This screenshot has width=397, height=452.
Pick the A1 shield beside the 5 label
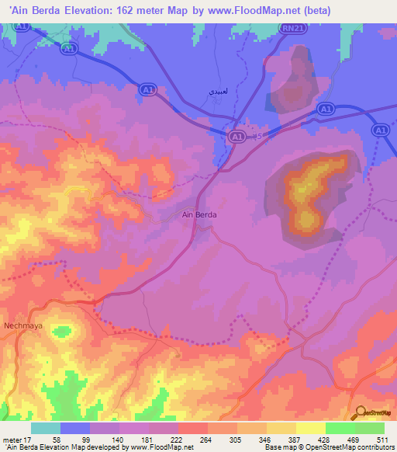coord(238,136)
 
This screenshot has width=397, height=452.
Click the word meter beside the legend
coord(12,439)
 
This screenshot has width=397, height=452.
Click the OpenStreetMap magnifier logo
coord(361,413)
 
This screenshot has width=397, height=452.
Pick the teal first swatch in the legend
coord(45,428)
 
